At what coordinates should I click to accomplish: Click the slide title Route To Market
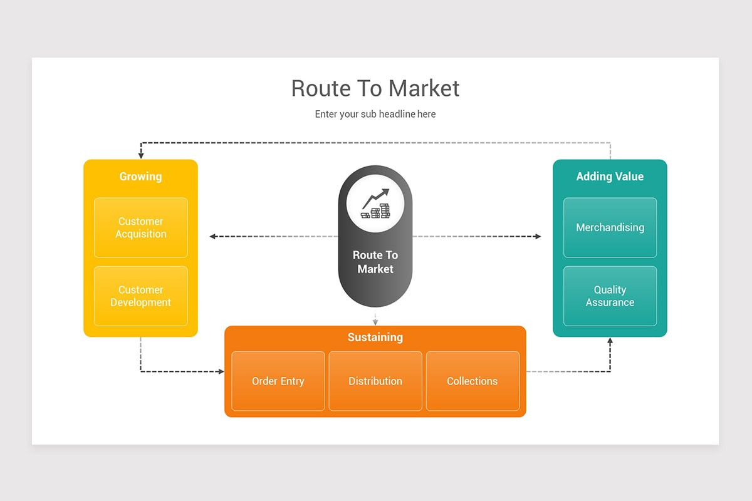[x=375, y=88]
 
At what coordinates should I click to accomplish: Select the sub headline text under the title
[x=375, y=114]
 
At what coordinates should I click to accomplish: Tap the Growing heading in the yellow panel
[x=140, y=177]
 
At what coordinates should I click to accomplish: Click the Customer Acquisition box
[x=140, y=227]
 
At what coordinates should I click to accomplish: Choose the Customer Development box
[x=140, y=296]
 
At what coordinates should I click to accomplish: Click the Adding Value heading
[x=610, y=177]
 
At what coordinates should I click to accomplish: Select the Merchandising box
[x=610, y=227]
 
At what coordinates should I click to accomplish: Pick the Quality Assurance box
[x=610, y=296]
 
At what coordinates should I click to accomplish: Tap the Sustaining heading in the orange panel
[x=375, y=337]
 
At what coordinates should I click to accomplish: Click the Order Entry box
[x=278, y=381]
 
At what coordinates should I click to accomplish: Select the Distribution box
[x=375, y=381]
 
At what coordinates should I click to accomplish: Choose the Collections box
[x=473, y=381]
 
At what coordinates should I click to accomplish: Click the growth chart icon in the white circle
[x=375, y=204]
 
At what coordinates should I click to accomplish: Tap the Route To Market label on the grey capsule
[x=375, y=262]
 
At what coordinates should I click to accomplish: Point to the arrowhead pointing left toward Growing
[x=213, y=237]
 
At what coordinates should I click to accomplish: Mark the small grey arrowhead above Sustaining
[x=375, y=323]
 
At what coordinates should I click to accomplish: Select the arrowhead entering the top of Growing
[x=141, y=156]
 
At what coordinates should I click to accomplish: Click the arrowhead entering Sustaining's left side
[x=221, y=371]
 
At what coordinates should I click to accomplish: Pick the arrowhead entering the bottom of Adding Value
[x=610, y=341]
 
